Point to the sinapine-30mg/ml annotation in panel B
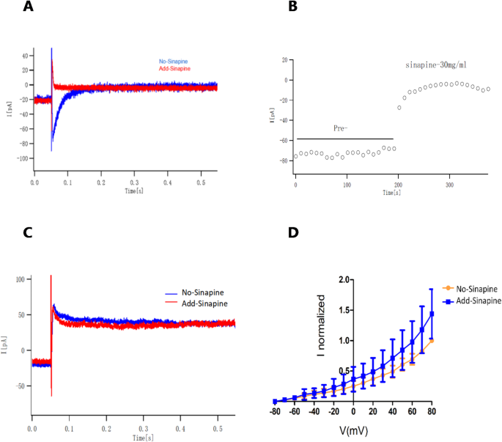click(x=436, y=65)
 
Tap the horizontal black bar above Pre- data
click(x=344, y=139)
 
